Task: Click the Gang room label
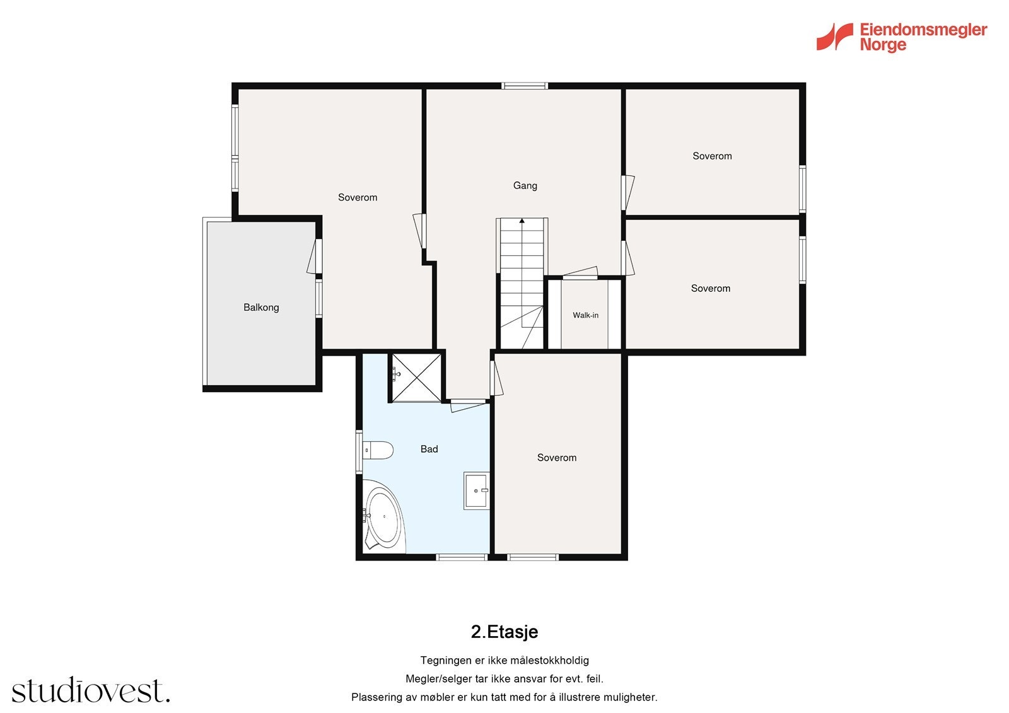[x=525, y=185]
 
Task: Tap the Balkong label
[x=261, y=307]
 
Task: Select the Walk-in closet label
[x=586, y=315]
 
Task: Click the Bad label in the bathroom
[x=429, y=449]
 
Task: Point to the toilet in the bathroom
[x=378, y=450]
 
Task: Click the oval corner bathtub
[x=383, y=516]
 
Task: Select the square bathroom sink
[x=477, y=491]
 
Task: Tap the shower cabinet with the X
[x=417, y=378]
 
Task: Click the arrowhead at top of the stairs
[x=522, y=221]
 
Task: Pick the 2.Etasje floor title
[x=504, y=632]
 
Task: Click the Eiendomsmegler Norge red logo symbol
[x=835, y=37]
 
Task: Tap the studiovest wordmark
[x=91, y=690]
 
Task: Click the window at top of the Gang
[x=525, y=86]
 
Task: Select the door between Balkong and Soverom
[x=315, y=256]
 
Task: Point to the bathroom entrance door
[x=469, y=405]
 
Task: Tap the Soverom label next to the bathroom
[x=557, y=458]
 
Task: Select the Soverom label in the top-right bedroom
[x=712, y=156]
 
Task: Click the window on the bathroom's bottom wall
[x=462, y=558]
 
